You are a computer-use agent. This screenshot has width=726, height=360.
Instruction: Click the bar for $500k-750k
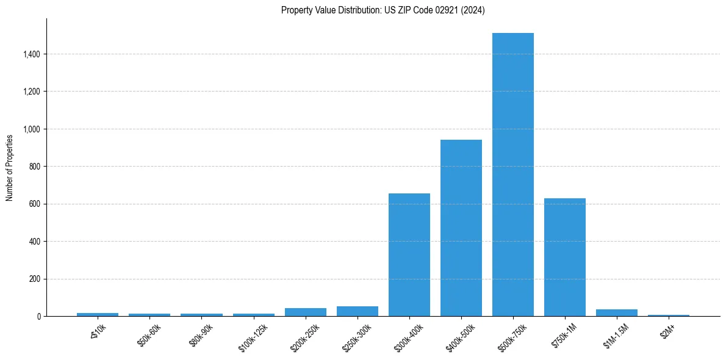[513, 175]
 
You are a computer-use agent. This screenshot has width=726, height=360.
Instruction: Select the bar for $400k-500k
[461, 228]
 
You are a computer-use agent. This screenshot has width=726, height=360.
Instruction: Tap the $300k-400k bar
[409, 255]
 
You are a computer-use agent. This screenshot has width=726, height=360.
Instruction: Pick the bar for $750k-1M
[565, 257]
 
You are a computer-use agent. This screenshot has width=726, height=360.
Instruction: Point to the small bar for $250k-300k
[358, 311]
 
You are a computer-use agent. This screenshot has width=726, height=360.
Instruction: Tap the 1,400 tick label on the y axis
[31, 54]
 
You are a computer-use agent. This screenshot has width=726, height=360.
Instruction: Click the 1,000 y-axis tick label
[31, 129]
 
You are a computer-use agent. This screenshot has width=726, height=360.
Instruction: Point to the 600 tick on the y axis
[34, 204]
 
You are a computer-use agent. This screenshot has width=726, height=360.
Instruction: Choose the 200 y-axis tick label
[34, 279]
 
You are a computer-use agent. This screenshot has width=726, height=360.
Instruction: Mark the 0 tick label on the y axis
[38, 317]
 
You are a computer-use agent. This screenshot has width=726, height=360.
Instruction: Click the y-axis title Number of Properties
[10, 167]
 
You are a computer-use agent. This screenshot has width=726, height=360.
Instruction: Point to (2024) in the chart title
[473, 10]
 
